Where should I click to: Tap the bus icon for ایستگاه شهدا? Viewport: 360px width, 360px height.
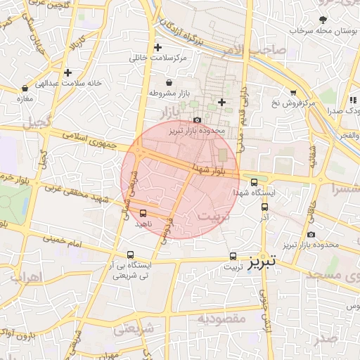[254, 182]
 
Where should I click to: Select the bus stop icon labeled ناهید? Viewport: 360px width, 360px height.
[143, 213]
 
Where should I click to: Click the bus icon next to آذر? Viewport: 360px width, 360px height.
[264, 207]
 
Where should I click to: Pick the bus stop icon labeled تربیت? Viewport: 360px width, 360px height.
[233, 257]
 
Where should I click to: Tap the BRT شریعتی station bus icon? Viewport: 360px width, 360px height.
[130, 255]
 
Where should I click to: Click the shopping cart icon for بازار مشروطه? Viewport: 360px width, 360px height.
[169, 83]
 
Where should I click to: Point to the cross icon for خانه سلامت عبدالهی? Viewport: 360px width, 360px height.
[67, 72]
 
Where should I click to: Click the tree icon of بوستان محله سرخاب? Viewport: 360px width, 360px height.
[323, 20]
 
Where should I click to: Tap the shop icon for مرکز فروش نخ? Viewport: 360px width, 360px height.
[293, 92]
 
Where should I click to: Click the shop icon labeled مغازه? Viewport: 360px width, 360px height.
[26, 89]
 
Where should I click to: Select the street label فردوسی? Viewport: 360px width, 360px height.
[166, 227]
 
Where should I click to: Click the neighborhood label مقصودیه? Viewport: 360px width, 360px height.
[221, 318]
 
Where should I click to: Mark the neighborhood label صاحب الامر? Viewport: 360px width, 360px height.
[260, 49]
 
